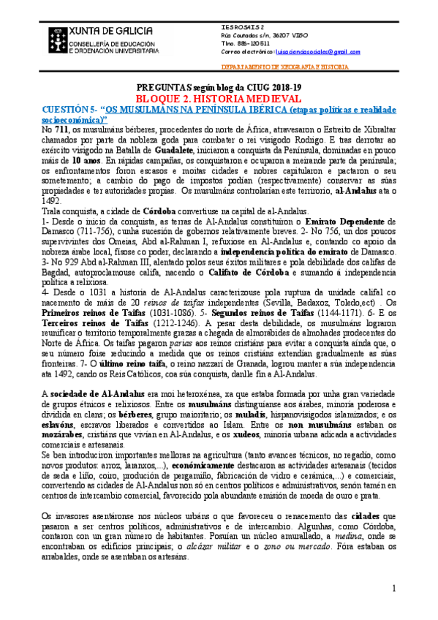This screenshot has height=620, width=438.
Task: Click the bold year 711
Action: click(x=63, y=128)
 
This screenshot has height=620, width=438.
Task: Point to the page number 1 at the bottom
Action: click(x=393, y=589)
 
